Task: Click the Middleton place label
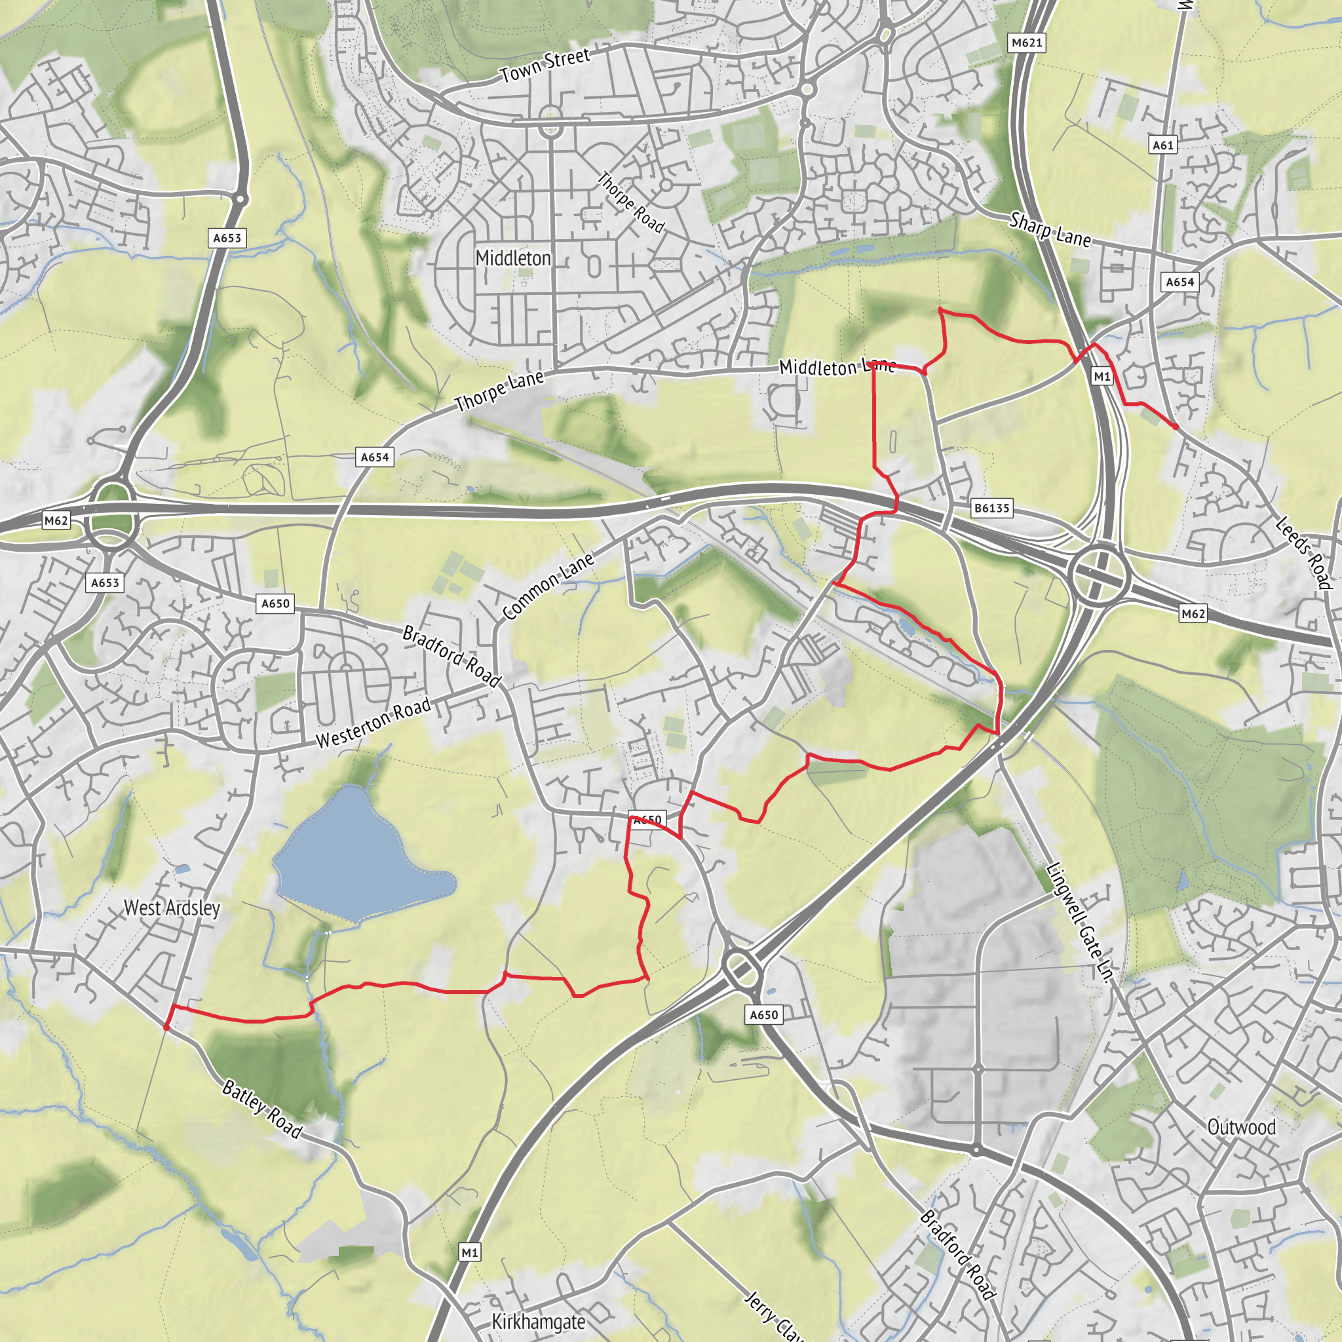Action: (512, 258)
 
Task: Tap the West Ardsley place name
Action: (172, 908)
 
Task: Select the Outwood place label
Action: (1241, 1126)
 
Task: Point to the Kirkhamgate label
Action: (539, 1321)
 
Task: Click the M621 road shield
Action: (1027, 43)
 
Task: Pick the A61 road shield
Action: (1163, 145)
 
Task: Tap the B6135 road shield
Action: (991, 508)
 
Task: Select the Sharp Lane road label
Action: (1050, 229)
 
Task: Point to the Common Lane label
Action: (548, 586)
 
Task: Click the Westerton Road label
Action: (373, 724)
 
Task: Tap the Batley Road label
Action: (262, 1109)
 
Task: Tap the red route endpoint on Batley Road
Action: (166, 1027)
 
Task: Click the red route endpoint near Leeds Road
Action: (1176, 427)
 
